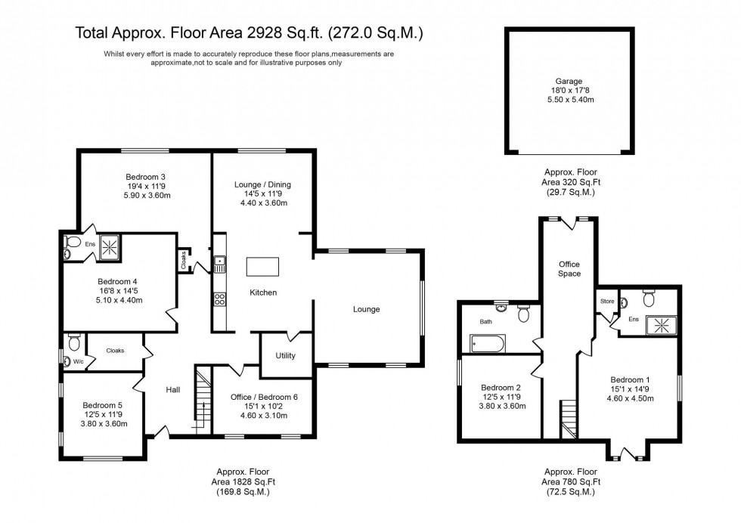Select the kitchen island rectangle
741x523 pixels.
[262, 267]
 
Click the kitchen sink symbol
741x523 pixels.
[220, 265]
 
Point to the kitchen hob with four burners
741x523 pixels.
[220, 299]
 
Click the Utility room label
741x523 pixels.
[285, 356]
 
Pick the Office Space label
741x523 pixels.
[569, 268]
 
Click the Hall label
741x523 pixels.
[173, 389]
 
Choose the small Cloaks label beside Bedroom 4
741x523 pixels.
[184, 260]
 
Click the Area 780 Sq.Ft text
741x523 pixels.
[572, 481]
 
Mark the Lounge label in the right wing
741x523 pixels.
[366, 309]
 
